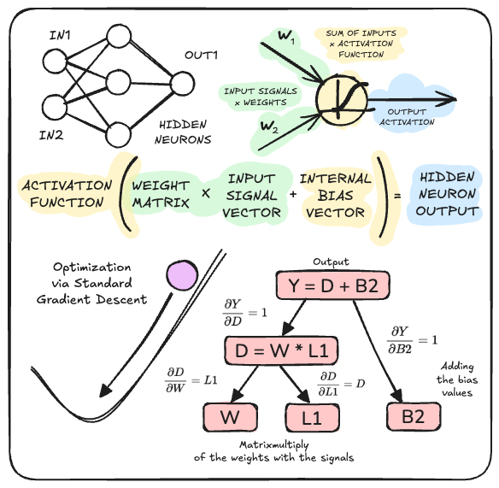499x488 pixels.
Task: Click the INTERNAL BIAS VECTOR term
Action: point(335,196)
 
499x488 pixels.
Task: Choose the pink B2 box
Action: point(412,418)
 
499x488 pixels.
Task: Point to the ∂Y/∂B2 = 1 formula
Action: point(418,338)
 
